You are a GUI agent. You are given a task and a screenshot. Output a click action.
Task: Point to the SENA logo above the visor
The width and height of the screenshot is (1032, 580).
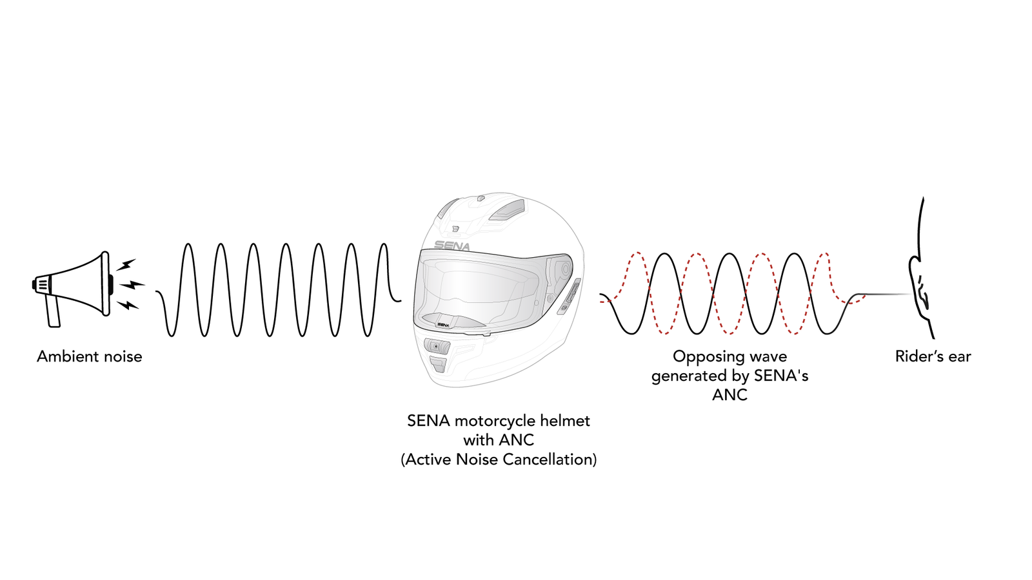[x=451, y=246]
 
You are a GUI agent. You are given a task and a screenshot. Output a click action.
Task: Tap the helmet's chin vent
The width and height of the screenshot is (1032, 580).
[x=437, y=347]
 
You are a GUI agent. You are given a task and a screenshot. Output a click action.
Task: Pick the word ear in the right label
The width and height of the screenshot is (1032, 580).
[x=958, y=356]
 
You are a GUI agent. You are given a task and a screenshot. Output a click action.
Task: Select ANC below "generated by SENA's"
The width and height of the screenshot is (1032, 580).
[x=729, y=395]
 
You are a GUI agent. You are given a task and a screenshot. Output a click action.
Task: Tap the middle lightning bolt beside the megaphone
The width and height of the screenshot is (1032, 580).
[x=132, y=284]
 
